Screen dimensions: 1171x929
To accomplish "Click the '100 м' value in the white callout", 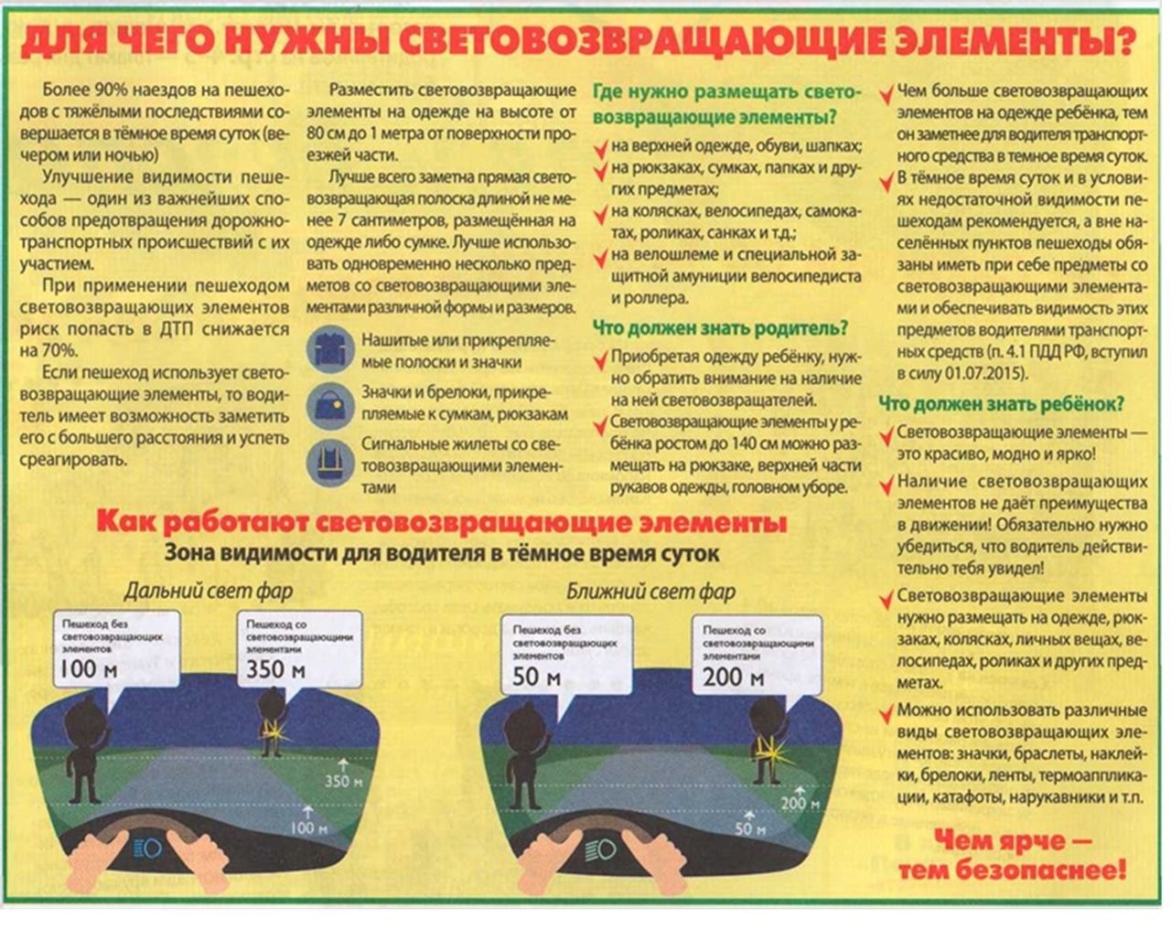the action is coord(88,670).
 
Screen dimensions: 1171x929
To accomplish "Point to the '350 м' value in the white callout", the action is coord(275,670).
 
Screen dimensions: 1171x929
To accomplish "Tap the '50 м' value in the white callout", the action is coord(536,678).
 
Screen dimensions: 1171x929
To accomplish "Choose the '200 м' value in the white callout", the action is coord(734,678).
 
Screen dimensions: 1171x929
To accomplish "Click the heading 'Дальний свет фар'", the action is coord(209,592).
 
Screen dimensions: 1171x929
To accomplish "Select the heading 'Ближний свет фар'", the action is coord(650,592).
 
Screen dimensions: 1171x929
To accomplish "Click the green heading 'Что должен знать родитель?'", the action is coord(721,328).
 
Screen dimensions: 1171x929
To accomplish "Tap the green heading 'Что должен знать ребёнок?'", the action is coord(1002,403).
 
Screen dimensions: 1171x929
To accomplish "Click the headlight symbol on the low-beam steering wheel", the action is coord(600,848).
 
